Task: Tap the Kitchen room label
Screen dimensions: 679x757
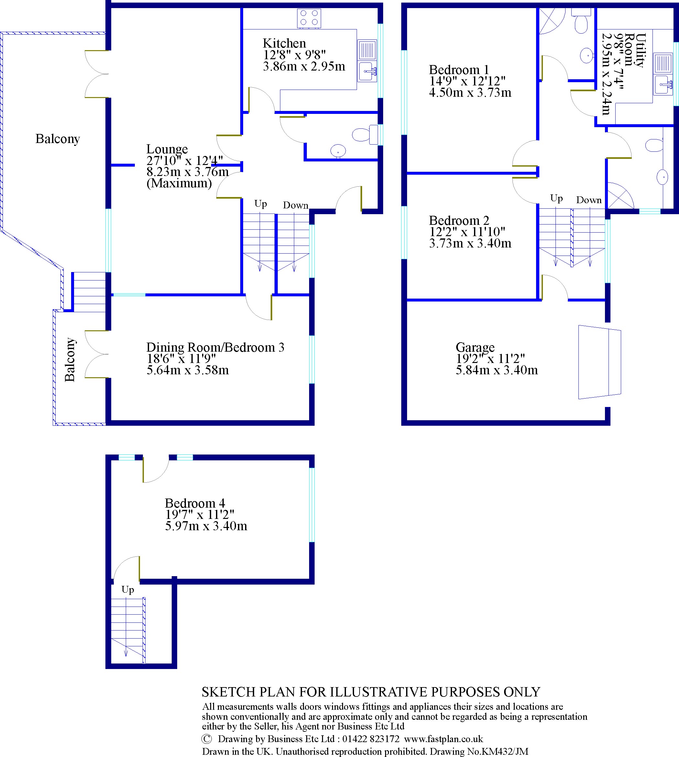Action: [284, 43]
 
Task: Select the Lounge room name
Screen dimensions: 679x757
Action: [167, 149]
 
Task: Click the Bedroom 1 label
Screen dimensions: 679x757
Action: [458, 70]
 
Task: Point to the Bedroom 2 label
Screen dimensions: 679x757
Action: [458, 220]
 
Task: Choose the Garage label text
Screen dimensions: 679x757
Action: [475, 347]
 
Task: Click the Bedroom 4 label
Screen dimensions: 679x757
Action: [195, 503]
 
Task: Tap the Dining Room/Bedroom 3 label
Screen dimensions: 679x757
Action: [215, 347]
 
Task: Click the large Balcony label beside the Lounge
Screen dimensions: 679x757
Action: [58, 139]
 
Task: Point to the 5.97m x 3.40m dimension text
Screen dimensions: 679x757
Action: [206, 526]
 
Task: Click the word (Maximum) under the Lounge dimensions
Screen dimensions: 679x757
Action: [179, 183]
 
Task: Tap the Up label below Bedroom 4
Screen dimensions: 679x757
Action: [128, 590]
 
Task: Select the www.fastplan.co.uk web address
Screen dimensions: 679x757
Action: [443, 739]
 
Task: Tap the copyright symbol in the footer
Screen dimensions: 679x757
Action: [206, 739]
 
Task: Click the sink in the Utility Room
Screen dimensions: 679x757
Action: [663, 85]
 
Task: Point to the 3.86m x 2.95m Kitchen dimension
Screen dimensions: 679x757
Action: [304, 66]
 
